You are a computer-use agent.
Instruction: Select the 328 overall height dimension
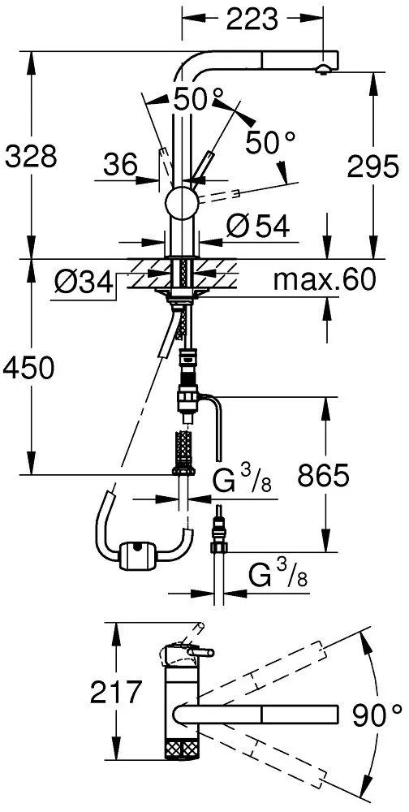click(x=31, y=156)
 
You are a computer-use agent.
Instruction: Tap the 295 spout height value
click(x=373, y=166)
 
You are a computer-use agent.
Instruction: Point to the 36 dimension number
click(x=120, y=166)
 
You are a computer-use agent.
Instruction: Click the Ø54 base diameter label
click(x=257, y=227)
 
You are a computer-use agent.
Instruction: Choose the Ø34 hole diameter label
click(x=83, y=283)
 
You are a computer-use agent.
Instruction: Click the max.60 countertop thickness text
click(x=324, y=280)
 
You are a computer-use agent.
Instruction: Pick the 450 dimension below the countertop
click(x=28, y=368)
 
